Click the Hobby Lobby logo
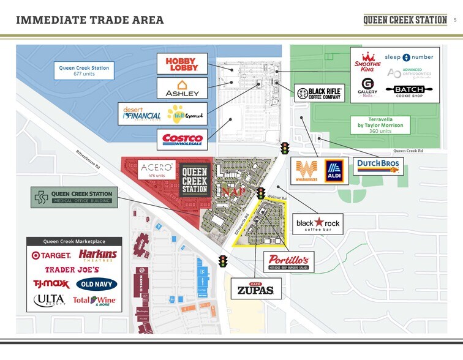pos(182,64)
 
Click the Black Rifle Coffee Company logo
pos(318,94)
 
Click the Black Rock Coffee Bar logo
pos(318,223)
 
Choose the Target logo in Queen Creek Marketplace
pos(51,255)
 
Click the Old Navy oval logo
pos(96,284)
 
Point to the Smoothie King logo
pos(366,62)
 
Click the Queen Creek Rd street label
pos(407,151)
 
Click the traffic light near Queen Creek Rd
pos(285,148)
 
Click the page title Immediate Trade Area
pos(90,20)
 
